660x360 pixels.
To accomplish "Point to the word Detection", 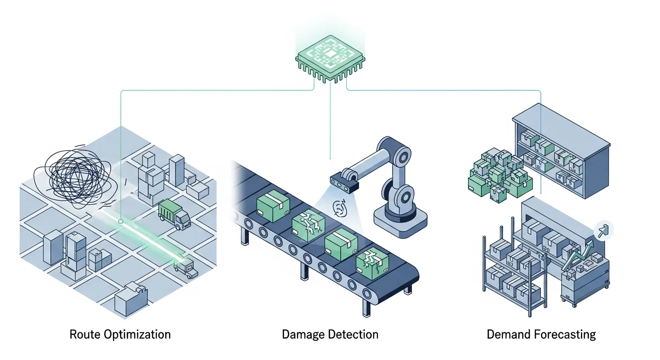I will tap(355, 334).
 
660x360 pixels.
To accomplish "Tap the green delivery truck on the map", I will tap(174, 214).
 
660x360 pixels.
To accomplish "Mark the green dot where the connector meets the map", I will tap(121, 221).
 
